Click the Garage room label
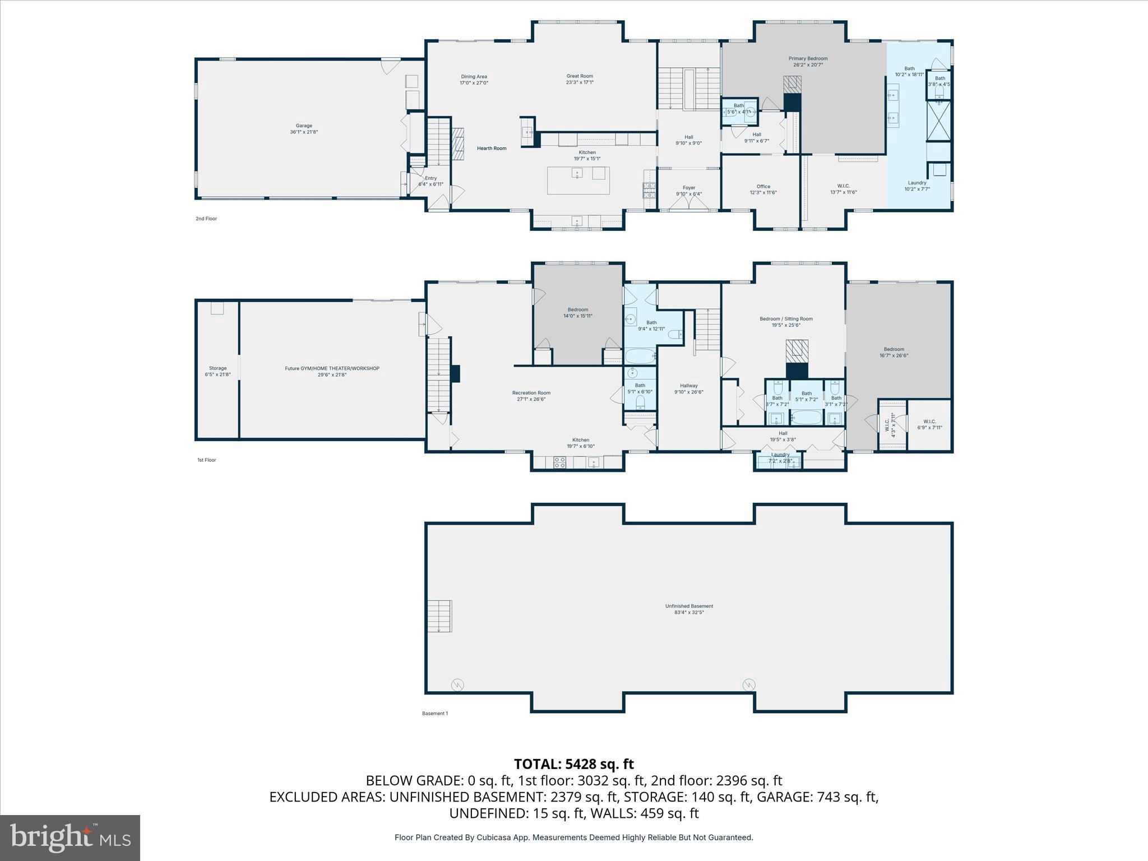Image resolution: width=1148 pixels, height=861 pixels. (304, 129)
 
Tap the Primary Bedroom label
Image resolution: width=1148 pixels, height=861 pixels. (808, 62)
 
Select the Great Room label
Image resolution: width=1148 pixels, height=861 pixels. (579, 79)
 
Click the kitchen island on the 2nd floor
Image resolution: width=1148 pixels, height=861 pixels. (578, 180)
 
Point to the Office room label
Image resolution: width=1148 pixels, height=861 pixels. (763, 189)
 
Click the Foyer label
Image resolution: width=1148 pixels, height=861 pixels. (688, 191)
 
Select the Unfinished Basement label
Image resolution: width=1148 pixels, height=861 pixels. (689, 609)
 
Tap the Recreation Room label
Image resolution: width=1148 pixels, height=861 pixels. (531, 396)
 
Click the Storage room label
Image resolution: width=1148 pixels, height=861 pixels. (217, 371)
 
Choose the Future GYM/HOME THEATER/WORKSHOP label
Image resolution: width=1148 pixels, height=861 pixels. (332, 371)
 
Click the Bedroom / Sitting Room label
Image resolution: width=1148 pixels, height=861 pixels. (786, 322)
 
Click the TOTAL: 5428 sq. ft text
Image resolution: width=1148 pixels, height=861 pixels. (573, 764)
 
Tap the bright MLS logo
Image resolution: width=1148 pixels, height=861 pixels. (70, 837)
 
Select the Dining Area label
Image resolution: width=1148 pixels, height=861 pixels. (474, 80)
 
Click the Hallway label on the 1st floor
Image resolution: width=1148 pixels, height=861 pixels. (688, 388)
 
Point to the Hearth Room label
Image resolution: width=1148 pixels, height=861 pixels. (491, 149)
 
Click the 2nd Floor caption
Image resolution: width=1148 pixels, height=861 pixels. (206, 219)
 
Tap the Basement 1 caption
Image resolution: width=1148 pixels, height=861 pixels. (434, 714)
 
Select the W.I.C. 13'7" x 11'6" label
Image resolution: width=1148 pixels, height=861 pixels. (843, 189)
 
